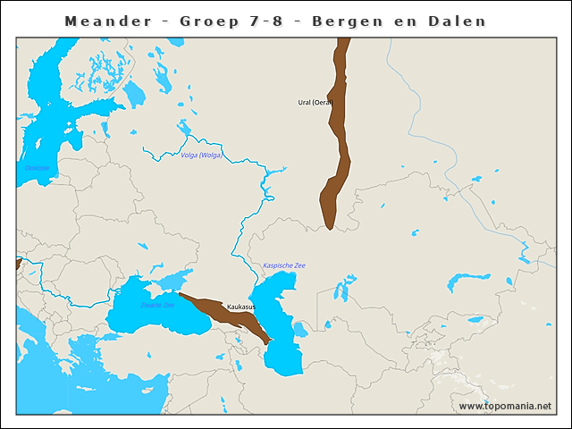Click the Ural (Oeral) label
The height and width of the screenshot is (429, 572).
315,103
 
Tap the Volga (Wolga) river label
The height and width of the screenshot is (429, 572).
201,156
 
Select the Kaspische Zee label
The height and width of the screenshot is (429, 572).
283,265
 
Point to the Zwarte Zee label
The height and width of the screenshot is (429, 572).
157,306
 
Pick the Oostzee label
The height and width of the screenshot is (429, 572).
37,168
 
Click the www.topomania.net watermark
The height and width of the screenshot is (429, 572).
505,406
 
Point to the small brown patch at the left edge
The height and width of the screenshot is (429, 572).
18,263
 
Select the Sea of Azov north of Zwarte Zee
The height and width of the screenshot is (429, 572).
182,275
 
